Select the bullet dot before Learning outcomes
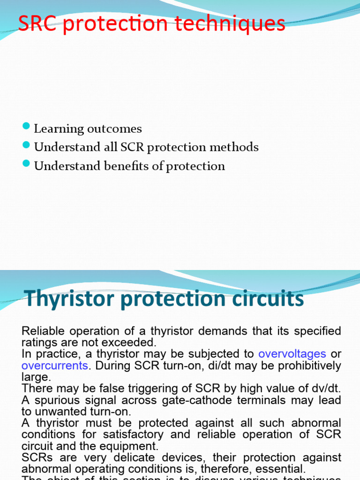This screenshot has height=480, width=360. click(26, 127)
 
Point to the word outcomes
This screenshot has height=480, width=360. click(119, 128)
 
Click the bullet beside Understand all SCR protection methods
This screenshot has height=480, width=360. click(26, 146)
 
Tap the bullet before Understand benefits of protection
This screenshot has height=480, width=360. click(26, 165)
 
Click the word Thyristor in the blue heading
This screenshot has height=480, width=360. click(63, 299)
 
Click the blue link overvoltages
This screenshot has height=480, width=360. click(292, 354)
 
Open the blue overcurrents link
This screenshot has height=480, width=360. click(54, 366)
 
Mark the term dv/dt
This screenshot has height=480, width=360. click(322, 389)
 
